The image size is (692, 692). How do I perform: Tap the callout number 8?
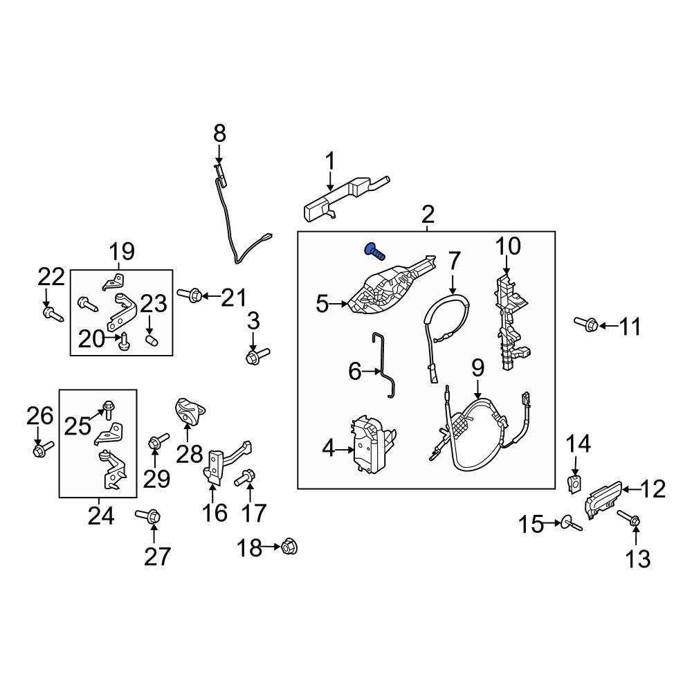pos(219,134)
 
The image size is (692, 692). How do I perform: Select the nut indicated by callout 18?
pos(289,547)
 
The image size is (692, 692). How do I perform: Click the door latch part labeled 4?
pos(374,444)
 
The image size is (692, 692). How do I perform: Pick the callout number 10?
pos(508,246)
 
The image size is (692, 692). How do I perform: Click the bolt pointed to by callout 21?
pos(190,294)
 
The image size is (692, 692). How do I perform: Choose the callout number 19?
pos(122,252)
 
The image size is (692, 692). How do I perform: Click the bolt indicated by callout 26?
pos(43,448)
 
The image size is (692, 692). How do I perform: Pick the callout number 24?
pos(101,516)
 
